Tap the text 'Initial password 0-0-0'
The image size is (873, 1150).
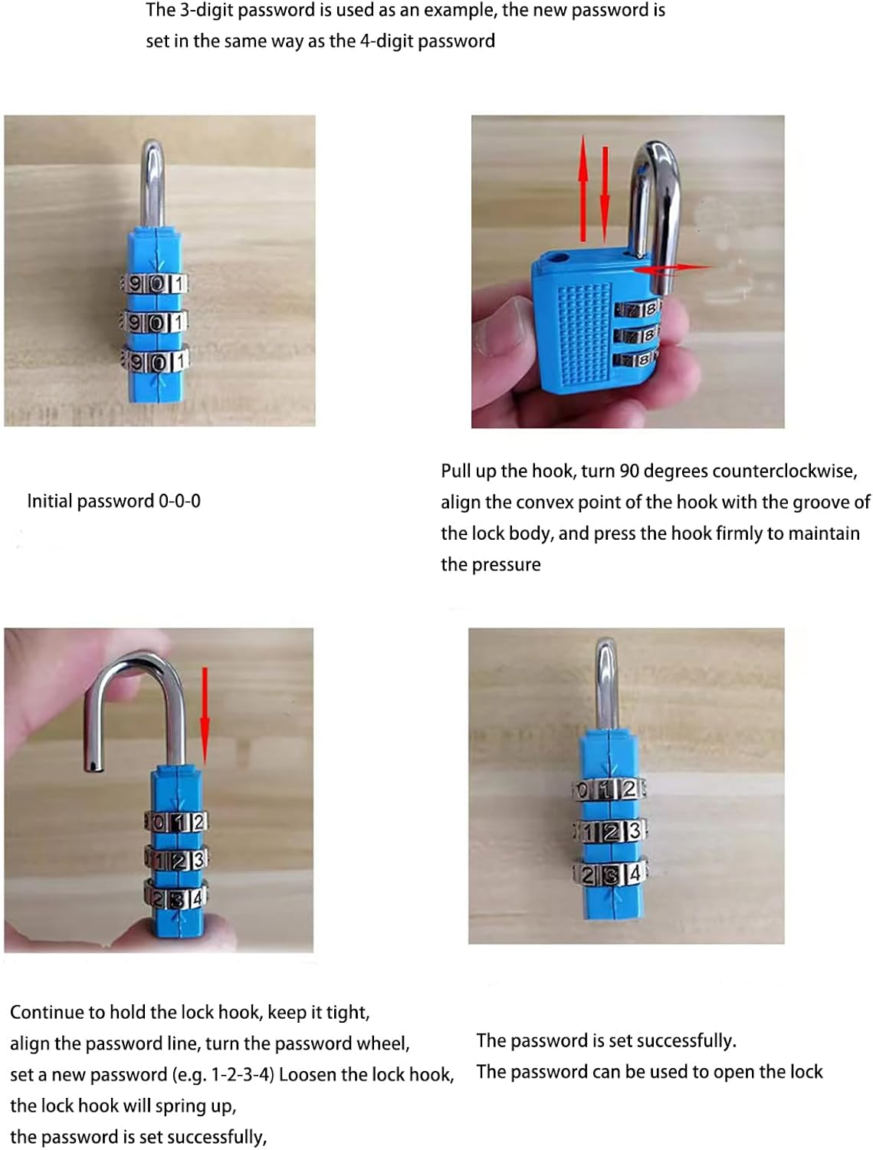pyautogui.click(x=113, y=501)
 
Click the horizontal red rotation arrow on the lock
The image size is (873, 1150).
pyautogui.click(x=671, y=268)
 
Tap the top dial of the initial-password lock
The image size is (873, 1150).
pyautogui.click(x=155, y=284)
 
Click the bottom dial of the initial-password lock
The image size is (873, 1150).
pyautogui.click(x=155, y=360)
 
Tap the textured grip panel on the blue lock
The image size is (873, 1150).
pyautogui.click(x=584, y=330)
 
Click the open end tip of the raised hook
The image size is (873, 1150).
pyautogui.click(x=91, y=764)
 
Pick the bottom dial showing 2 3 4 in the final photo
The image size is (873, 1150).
pyautogui.click(x=610, y=874)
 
